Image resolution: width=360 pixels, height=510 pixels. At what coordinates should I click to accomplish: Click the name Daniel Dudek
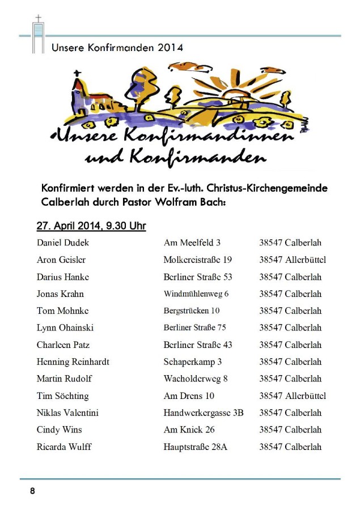(62, 243)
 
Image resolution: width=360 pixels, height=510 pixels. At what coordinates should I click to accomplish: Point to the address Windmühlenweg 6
(196, 294)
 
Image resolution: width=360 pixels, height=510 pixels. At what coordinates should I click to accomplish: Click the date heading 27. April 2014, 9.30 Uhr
(91, 227)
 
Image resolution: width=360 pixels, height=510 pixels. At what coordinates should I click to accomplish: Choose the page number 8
(32, 491)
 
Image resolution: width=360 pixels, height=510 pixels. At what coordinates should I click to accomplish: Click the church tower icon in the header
(38, 36)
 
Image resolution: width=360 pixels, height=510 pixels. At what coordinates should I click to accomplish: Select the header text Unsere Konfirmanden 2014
(117, 48)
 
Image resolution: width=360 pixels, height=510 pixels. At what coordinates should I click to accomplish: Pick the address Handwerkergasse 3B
(204, 413)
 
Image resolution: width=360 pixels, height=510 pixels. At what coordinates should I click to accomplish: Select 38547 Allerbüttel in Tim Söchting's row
(293, 396)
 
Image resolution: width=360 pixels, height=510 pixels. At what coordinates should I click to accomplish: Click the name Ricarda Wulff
(64, 447)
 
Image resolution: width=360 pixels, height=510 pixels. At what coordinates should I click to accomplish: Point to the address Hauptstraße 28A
(196, 447)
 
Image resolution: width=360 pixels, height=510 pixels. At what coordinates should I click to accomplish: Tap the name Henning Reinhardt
(73, 362)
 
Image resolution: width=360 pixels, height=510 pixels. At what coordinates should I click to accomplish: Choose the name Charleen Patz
(63, 345)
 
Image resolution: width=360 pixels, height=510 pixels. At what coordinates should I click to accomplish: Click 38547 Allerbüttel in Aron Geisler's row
(293, 260)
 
